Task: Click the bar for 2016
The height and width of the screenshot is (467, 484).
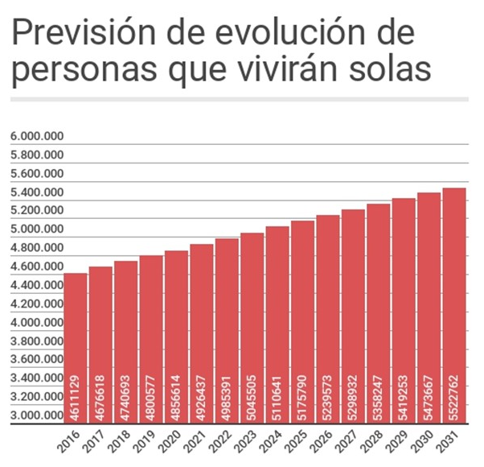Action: click(76, 346)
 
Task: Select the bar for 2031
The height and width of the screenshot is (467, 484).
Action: click(454, 306)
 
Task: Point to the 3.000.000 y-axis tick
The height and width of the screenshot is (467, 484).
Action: click(37, 415)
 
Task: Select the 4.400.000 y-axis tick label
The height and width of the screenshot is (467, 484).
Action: click(37, 285)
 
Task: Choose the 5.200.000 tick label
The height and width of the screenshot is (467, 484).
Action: click(37, 211)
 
